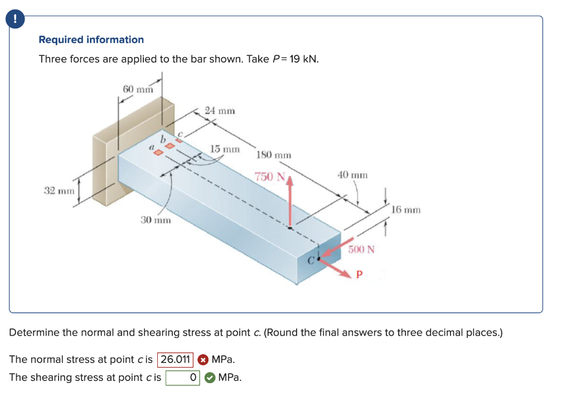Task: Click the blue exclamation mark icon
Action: click(x=16, y=19)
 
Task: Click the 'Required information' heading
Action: click(x=91, y=40)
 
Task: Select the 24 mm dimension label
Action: click(x=220, y=111)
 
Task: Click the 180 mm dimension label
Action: click(x=274, y=155)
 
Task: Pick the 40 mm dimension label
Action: click(x=352, y=175)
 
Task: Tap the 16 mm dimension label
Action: click(x=405, y=210)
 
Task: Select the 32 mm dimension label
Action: click(x=59, y=190)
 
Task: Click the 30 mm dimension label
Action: click(x=155, y=221)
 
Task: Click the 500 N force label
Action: click(x=361, y=249)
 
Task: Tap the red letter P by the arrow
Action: click(x=359, y=274)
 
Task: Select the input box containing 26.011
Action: click(x=176, y=359)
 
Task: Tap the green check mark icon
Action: click(x=209, y=378)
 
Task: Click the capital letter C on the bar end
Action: click(x=313, y=260)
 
